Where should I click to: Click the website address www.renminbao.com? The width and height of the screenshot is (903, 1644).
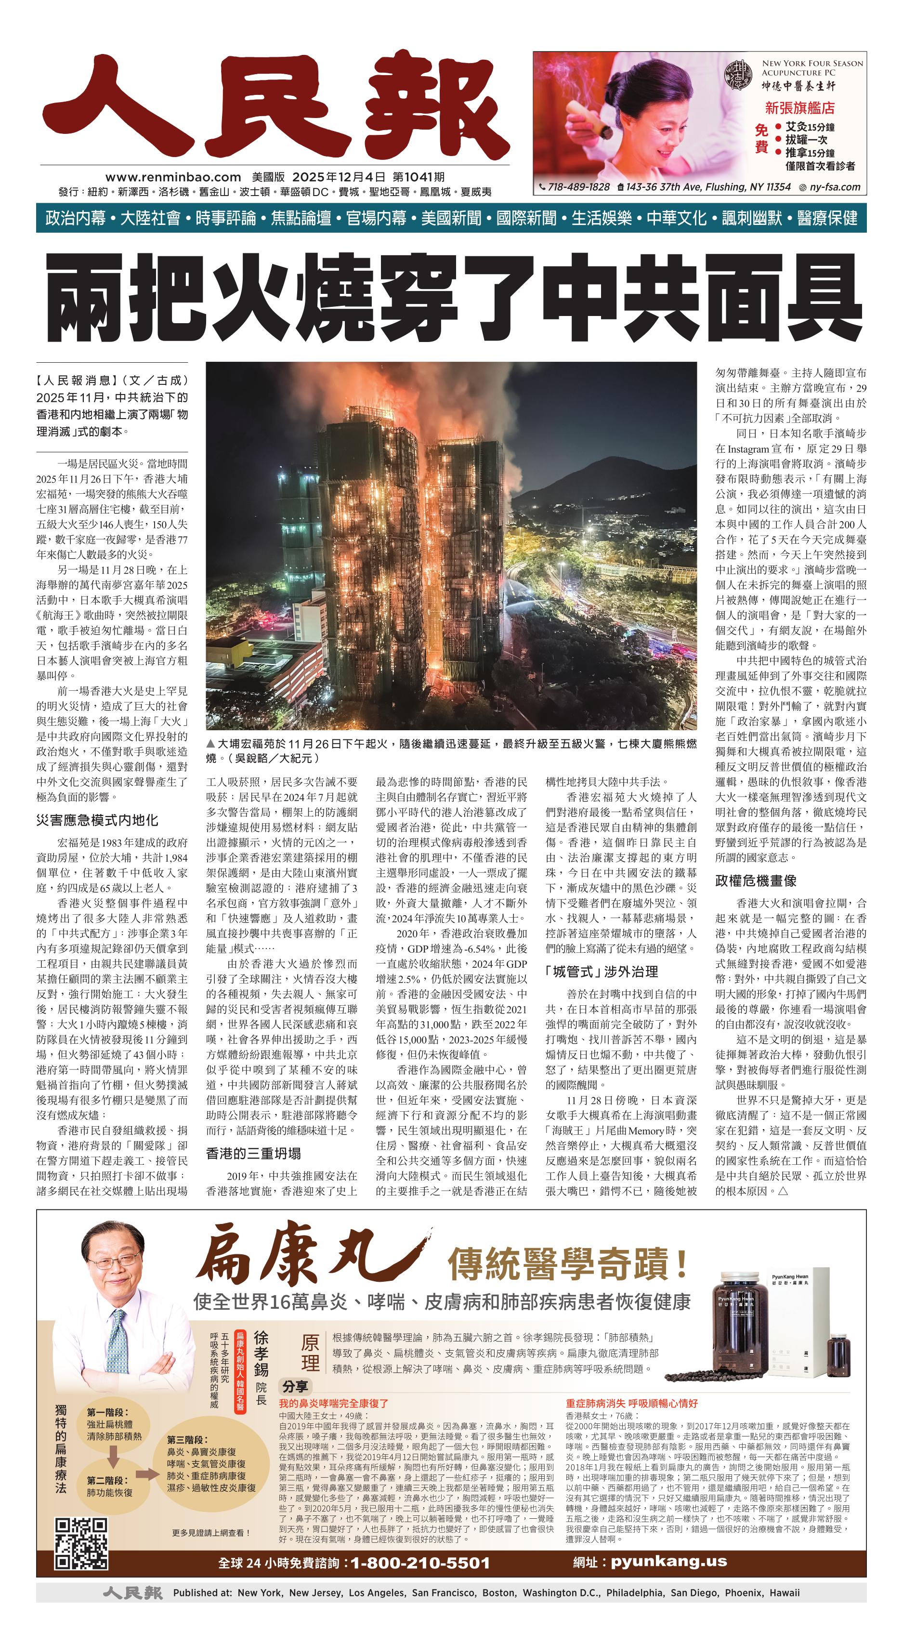(173, 177)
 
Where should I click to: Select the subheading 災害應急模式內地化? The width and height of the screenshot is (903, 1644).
(97, 820)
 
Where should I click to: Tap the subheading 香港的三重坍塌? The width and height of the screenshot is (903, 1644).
(253, 1153)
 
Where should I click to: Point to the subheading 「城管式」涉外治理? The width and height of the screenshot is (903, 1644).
(602, 972)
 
